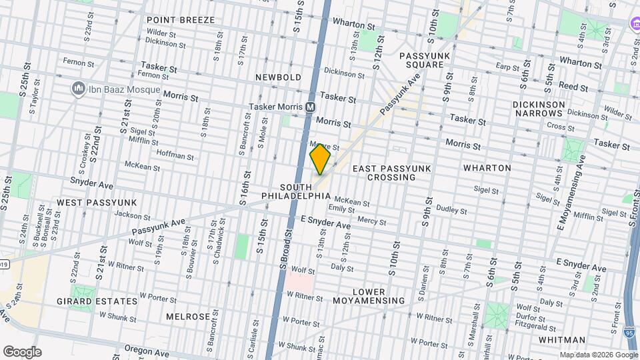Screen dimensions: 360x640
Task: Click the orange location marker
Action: point(321,159)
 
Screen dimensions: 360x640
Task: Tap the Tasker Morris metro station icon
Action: point(311,107)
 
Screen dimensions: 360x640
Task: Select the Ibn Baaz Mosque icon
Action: point(78,89)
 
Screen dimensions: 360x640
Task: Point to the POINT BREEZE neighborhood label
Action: point(181,20)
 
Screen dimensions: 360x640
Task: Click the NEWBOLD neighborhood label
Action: point(279,77)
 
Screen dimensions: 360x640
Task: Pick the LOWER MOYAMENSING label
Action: point(369,297)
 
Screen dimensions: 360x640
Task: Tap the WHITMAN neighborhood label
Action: point(561,339)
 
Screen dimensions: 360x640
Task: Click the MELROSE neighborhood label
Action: point(188,316)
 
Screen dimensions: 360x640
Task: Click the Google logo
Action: point(22,351)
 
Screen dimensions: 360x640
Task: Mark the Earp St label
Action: point(507,67)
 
